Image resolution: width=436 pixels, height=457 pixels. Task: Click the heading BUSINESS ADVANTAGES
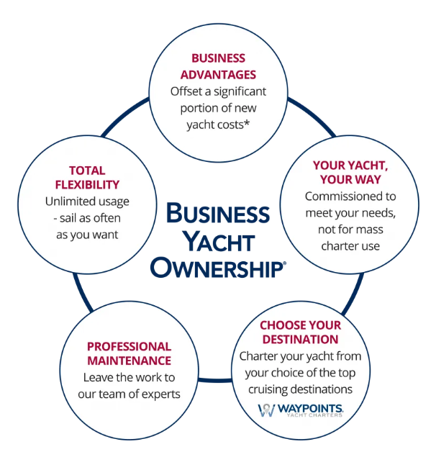(217, 66)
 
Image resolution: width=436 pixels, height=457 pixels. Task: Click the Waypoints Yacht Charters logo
(300, 411)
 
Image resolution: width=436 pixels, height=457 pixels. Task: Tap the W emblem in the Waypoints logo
(265, 411)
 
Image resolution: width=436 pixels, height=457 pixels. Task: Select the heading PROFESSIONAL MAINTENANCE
(130, 353)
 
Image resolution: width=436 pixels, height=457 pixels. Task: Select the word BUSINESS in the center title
(217, 213)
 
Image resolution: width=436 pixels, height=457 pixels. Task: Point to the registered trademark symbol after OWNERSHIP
(284, 263)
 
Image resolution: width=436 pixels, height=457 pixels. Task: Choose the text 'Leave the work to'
(129, 377)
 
